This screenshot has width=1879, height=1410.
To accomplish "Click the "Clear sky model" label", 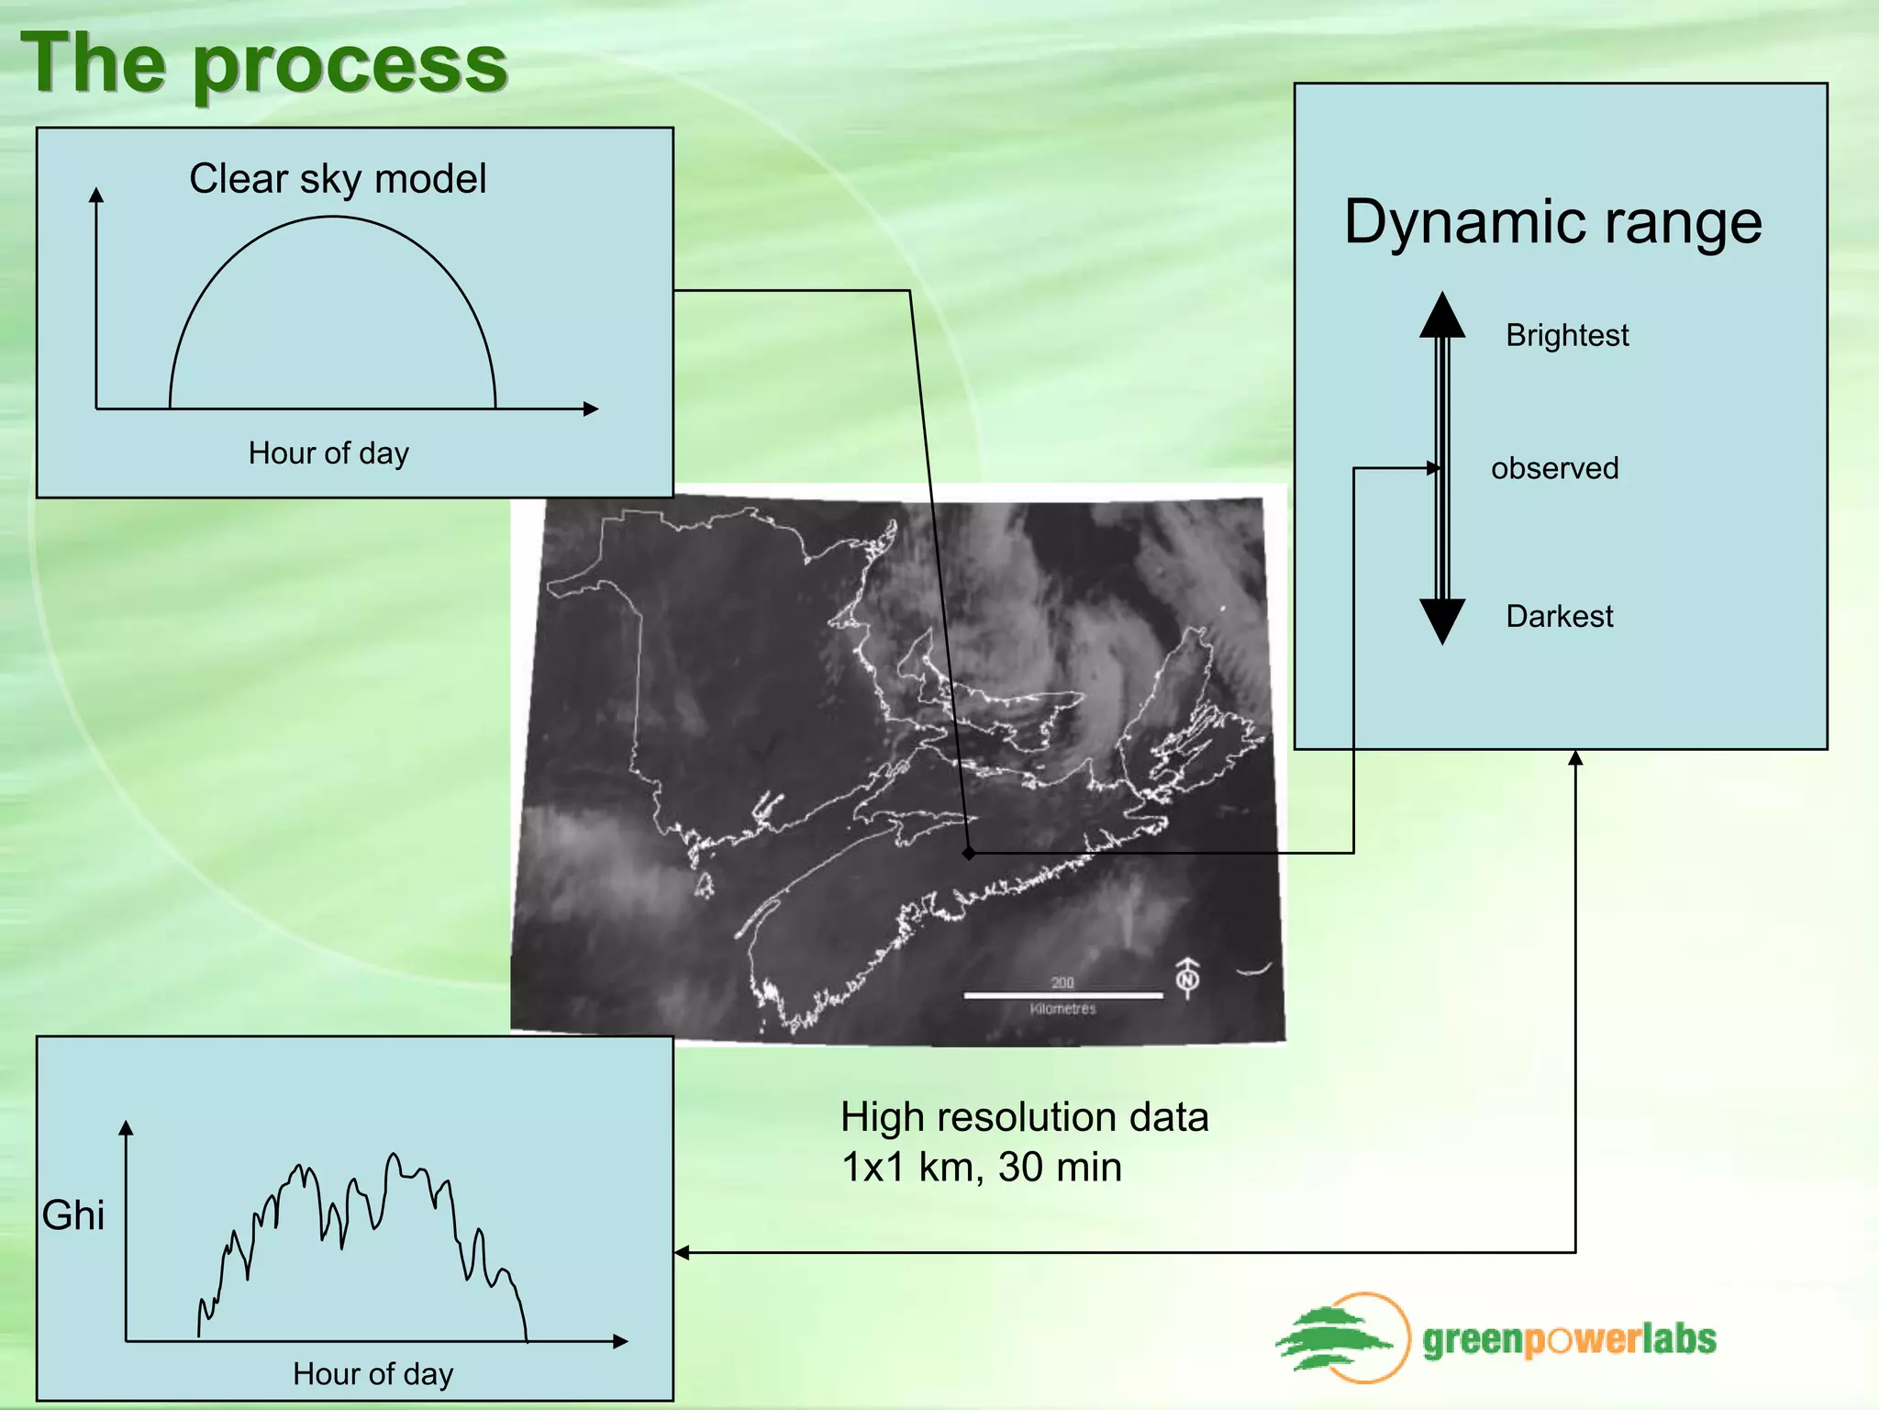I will pyautogui.click(x=338, y=179).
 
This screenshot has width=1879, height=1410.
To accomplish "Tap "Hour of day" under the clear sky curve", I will pyautogui.click(x=328, y=453).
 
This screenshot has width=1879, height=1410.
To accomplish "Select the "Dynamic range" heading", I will pyautogui.click(x=1552, y=223).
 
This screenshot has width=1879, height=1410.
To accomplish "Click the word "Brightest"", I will pyautogui.click(x=1567, y=336).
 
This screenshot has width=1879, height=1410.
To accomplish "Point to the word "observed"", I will pyautogui.click(x=1554, y=468).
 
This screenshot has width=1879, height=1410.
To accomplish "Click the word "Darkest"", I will pyautogui.click(x=1559, y=616).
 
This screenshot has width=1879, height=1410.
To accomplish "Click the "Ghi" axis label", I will pyautogui.click(x=73, y=1215).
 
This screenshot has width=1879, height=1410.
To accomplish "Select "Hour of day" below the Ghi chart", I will pyautogui.click(x=372, y=1374).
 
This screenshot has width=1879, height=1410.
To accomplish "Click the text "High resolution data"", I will pyautogui.click(x=1024, y=1118).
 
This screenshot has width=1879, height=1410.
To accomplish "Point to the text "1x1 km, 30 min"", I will pyautogui.click(x=981, y=1168).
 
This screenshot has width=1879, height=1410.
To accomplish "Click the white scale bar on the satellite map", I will pyautogui.click(x=1062, y=995).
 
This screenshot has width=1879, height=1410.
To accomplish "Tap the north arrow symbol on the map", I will pyautogui.click(x=1188, y=979).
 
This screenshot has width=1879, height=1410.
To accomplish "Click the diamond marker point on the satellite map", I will pyautogui.click(x=969, y=854).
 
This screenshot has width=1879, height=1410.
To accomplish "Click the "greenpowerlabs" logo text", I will pyautogui.click(x=1569, y=1340).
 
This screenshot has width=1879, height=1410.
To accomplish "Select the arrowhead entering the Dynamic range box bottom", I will pyautogui.click(x=1575, y=758).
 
